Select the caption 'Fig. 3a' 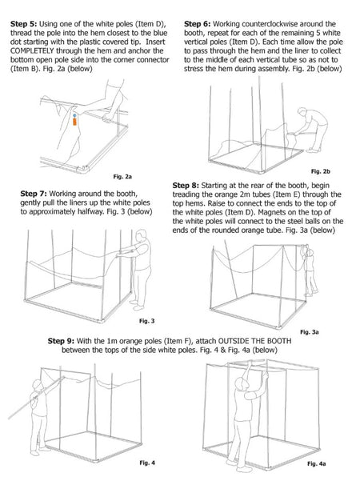click(x=309, y=331)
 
